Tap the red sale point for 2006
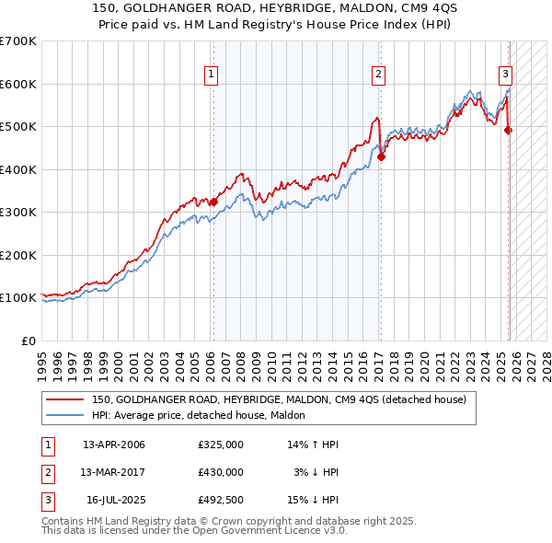coord(213,202)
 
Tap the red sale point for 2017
coord(381,156)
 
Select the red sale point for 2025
coord(509,130)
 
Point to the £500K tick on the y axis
coord(20,127)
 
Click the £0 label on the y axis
coord(28,341)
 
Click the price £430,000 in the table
coord(221,471)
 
